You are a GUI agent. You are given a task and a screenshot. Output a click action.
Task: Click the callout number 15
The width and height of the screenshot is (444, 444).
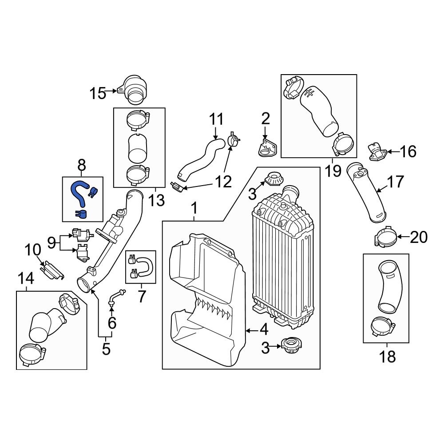tap(98, 93)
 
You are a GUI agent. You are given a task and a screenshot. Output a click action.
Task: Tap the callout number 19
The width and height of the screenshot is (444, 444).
tap(332, 170)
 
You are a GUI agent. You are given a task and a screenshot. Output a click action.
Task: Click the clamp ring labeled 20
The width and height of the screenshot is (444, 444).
tap(383, 237)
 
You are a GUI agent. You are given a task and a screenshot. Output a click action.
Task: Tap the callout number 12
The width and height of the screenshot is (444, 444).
tap(223, 181)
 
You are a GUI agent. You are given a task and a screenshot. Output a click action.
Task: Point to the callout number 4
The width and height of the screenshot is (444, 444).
tap(264, 330)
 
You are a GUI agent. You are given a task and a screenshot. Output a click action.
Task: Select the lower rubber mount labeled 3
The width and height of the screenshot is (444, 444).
tap(291, 345)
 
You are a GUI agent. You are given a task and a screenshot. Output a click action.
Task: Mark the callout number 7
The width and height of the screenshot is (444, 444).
tap(142, 296)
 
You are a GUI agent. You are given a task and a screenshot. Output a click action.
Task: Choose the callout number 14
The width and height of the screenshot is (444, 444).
tap(26, 278)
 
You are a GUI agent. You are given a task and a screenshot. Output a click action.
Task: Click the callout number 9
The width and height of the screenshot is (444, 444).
tap(52, 242)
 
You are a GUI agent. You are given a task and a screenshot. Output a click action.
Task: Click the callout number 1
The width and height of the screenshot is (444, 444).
tap(194, 207)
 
